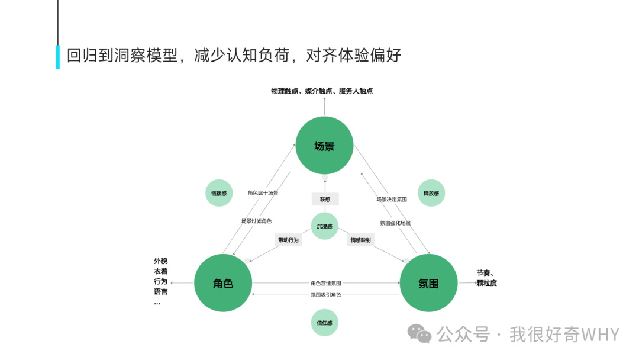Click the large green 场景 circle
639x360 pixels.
point(324,146)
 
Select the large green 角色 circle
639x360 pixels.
point(223,283)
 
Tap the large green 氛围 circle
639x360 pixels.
point(428,283)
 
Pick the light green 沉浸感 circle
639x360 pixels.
point(324,226)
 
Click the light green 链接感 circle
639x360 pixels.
point(219,193)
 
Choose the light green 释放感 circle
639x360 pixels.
point(431,193)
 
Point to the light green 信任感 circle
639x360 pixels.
point(324,323)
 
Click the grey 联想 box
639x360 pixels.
point(325,199)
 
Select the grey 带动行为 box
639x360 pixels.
point(288,240)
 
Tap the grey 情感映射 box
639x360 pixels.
point(360,240)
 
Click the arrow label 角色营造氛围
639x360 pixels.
point(325,284)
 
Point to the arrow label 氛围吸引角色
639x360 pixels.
point(325,294)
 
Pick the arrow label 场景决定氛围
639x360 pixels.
point(392,200)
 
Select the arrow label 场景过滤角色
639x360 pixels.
point(256,221)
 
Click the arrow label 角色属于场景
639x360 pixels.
point(263,193)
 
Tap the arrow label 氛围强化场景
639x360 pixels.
point(395,223)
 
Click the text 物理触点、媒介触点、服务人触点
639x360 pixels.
point(322,91)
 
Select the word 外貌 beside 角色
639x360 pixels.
point(160,261)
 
